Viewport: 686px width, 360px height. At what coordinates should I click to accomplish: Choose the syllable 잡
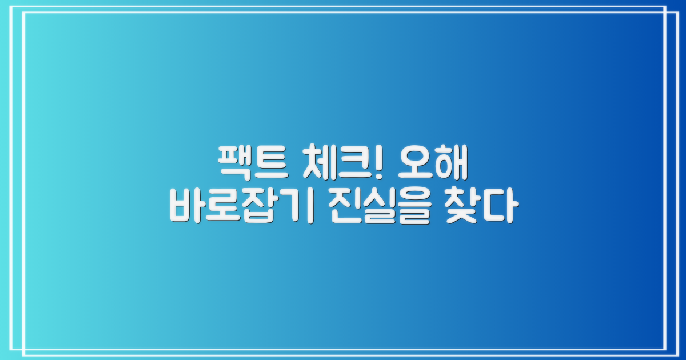coord(260,207)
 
